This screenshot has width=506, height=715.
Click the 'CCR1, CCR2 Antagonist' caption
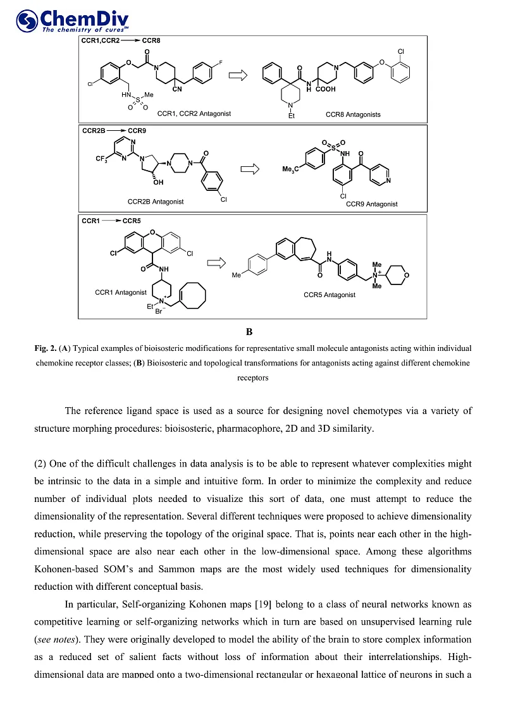(194, 114)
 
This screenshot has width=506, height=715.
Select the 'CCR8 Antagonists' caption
(353, 114)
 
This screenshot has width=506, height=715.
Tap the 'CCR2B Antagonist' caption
(156, 202)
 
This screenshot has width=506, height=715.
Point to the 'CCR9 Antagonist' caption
(372, 204)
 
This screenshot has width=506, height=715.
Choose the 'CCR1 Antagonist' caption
(121, 292)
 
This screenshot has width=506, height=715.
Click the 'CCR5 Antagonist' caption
(329, 295)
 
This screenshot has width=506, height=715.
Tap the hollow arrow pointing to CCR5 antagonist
(217, 262)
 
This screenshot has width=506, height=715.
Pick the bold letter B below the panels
(249, 331)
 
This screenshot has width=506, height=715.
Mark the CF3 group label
(104, 159)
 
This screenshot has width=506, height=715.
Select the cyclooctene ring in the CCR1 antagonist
(192, 297)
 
